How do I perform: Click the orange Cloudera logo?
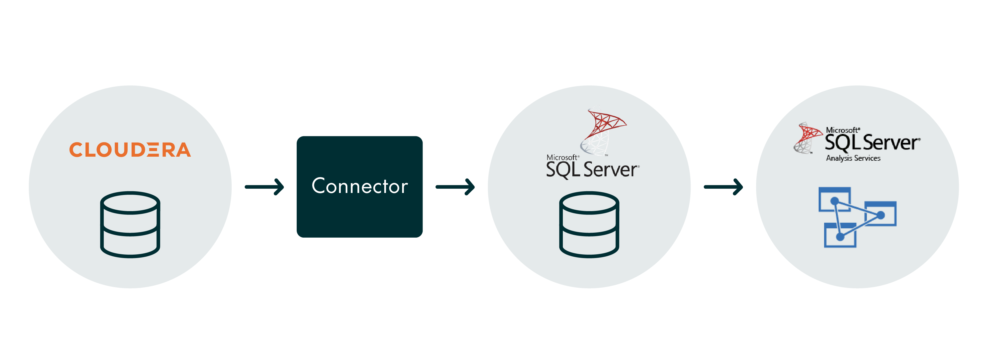(130, 149)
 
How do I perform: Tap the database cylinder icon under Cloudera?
(130, 225)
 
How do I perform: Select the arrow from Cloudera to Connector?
(264, 187)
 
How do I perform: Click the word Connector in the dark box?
(360, 186)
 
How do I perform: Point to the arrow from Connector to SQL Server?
(455, 187)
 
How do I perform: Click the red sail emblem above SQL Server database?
(603, 132)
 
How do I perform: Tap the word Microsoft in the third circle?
(562, 157)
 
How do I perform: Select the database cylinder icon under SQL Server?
(589, 225)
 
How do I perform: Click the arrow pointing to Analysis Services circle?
(723, 187)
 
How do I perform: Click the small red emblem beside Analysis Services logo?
(808, 138)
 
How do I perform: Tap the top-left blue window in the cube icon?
(834, 199)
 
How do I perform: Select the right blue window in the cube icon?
(881, 213)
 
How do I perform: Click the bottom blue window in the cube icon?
(840, 235)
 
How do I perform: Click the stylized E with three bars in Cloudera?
(152, 149)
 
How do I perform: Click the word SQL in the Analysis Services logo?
(842, 143)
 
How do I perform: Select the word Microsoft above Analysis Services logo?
(842, 130)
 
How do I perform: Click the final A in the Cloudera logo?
(183, 149)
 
